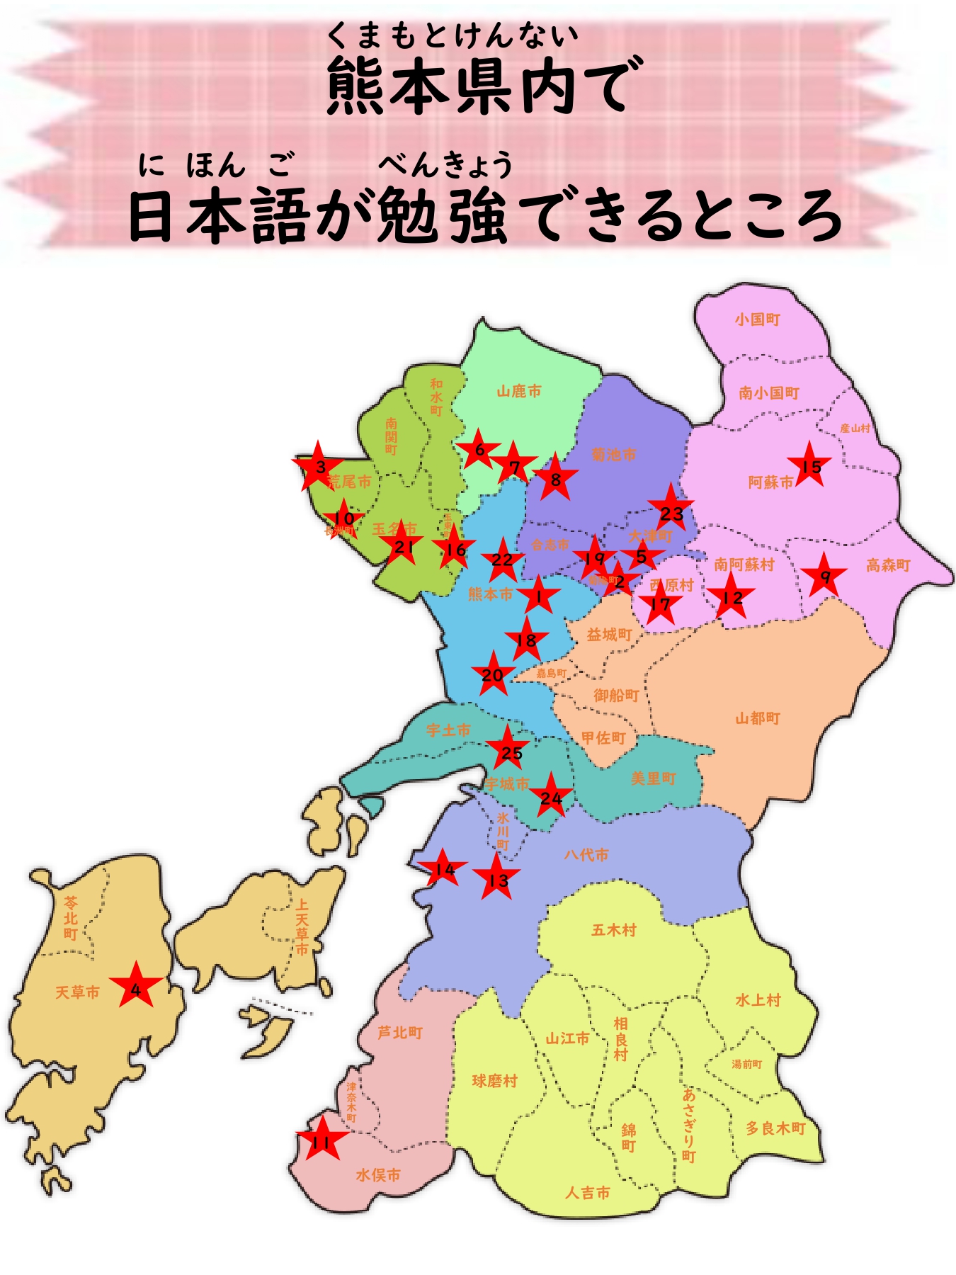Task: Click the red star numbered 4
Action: pyautogui.click(x=136, y=986)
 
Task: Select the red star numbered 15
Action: pyautogui.click(x=809, y=466)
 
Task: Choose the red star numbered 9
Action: pyautogui.click(x=824, y=577)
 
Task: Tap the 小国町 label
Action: pyautogui.click(x=757, y=319)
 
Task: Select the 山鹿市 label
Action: pyautogui.click(x=519, y=391)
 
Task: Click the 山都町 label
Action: pyautogui.click(x=758, y=718)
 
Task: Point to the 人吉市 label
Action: pyautogui.click(x=588, y=1193)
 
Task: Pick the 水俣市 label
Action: pyautogui.click(x=378, y=1175)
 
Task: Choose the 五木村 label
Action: pyautogui.click(x=614, y=929)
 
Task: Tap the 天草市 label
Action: pyautogui.click(x=78, y=992)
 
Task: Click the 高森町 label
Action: pyautogui.click(x=888, y=565)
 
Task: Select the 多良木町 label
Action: pyautogui.click(x=776, y=1128)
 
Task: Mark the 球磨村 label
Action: pyautogui.click(x=495, y=1081)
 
